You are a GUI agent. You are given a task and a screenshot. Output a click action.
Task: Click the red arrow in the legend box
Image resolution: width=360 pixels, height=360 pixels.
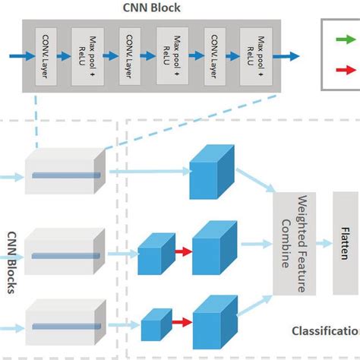tap(345, 69)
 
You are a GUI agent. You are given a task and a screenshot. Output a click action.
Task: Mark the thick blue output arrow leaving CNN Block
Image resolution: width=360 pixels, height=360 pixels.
tap(286, 55)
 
